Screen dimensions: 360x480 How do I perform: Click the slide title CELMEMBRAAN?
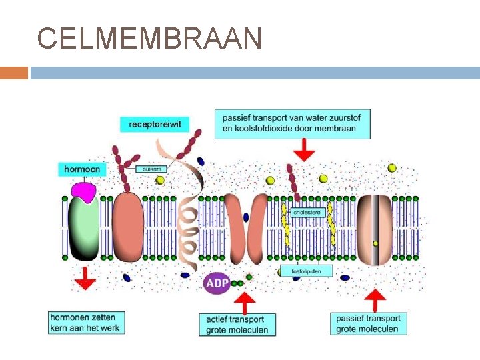click(x=149, y=39)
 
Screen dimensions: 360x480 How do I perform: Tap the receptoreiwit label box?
click(x=155, y=124)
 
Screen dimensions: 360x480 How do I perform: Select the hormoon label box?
click(x=82, y=169)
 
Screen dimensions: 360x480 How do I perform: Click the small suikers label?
click(x=152, y=169)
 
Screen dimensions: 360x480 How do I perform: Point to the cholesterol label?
click(x=307, y=213)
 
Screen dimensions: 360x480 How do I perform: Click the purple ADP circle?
click(x=217, y=283)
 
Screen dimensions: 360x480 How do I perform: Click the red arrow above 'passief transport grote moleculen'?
click(x=377, y=301)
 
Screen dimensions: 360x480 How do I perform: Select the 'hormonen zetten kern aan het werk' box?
click(x=87, y=323)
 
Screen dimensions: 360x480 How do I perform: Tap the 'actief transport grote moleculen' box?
click(x=237, y=325)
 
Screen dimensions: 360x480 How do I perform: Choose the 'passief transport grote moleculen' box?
click(x=368, y=323)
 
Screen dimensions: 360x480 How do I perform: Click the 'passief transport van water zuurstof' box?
click(x=293, y=123)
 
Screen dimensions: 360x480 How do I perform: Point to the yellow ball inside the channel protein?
click(x=375, y=243)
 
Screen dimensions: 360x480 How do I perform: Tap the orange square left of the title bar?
click(x=13, y=73)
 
